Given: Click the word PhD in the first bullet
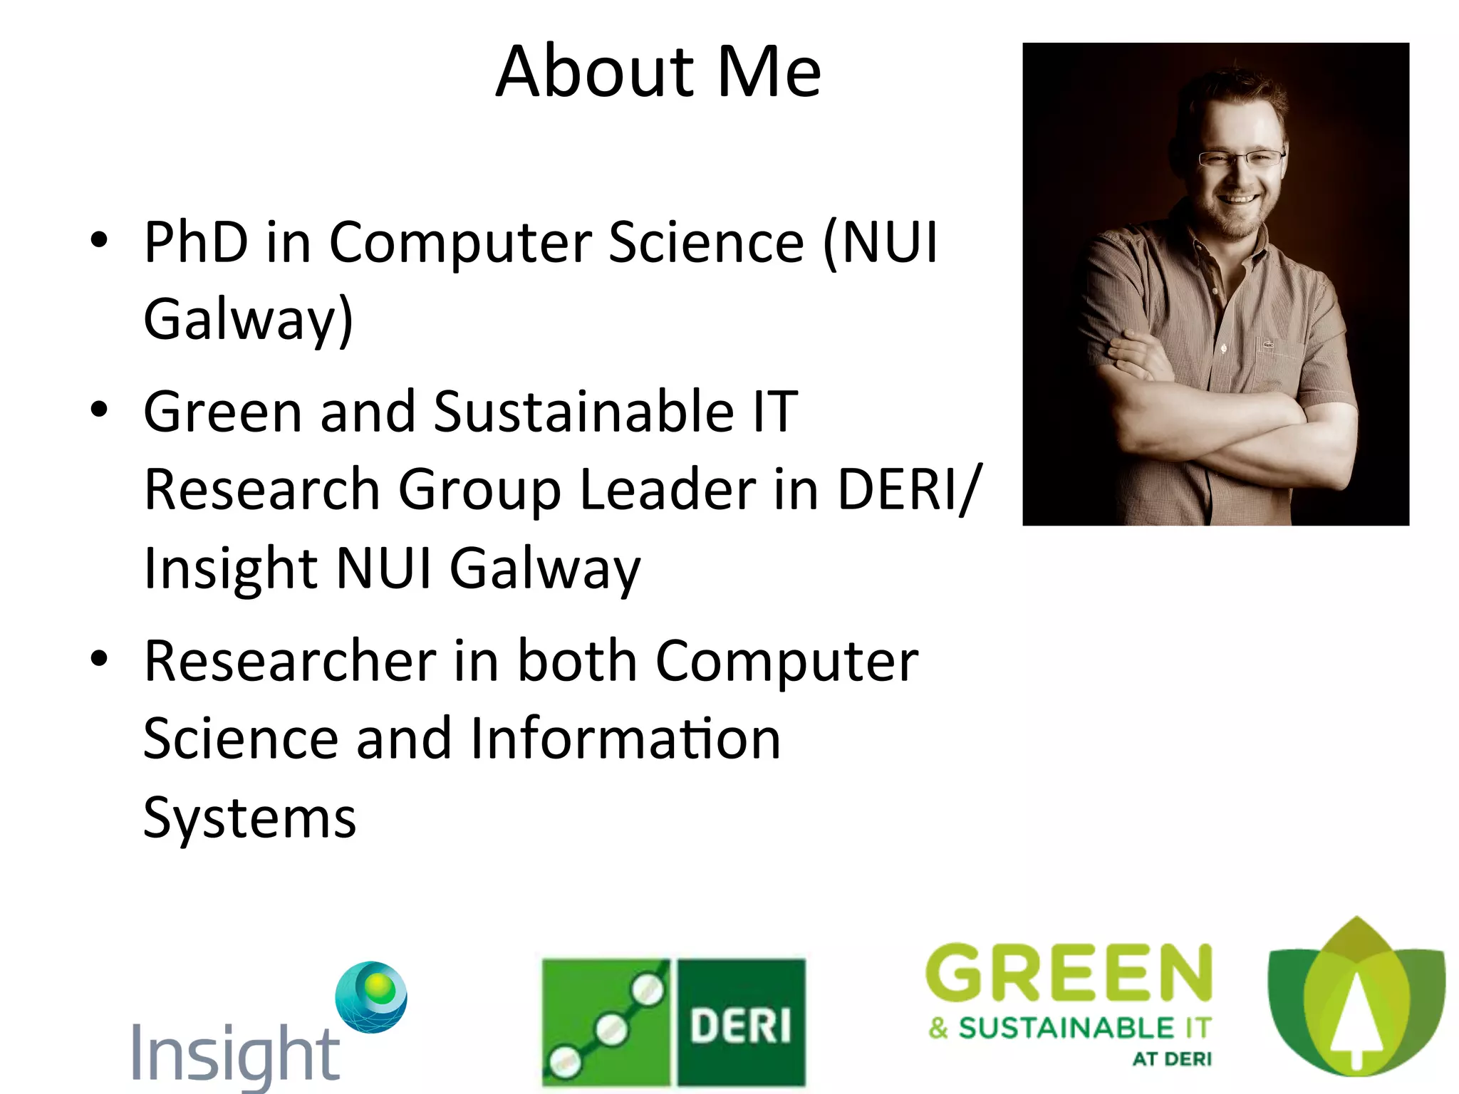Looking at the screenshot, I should [196, 242].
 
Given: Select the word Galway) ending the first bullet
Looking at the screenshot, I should [248, 319].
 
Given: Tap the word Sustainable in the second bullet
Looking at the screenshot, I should [583, 412].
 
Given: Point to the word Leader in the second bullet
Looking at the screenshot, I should [668, 490].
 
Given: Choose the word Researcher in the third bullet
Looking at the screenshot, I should [290, 661].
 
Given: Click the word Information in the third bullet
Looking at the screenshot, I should [625, 739].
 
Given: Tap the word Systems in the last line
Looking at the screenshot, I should [249, 818].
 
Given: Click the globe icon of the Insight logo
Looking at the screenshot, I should [372, 996].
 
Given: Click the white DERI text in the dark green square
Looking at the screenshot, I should [740, 1026].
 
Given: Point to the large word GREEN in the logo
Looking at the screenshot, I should [1069, 973].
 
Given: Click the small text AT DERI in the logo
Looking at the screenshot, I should [1172, 1059].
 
